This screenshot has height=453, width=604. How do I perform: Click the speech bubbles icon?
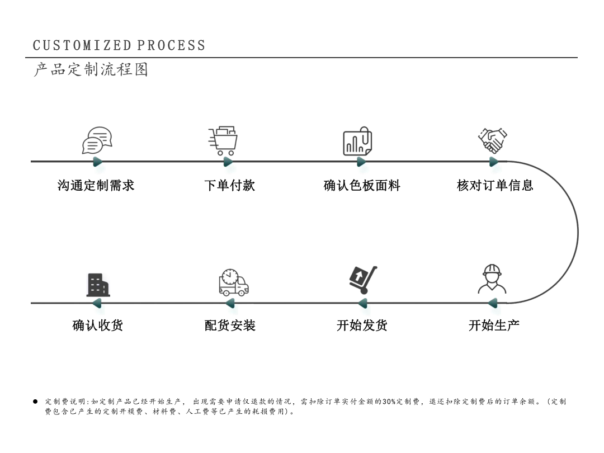click(x=97, y=140)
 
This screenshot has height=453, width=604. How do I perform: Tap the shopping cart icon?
click(x=223, y=140)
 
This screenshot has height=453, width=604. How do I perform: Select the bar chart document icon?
click(x=357, y=141)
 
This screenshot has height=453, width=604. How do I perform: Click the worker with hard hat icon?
click(x=492, y=279)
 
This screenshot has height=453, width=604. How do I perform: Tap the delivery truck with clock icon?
click(x=233, y=282)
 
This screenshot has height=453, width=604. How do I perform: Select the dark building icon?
click(x=98, y=285)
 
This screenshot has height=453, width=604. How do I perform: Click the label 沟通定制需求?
click(x=96, y=185)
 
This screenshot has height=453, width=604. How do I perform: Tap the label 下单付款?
click(x=230, y=185)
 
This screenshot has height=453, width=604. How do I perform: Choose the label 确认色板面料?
click(x=362, y=185)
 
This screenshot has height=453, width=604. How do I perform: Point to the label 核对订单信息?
click(x=495, y=185)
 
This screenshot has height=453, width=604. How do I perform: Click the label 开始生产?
click(x=494, y=325)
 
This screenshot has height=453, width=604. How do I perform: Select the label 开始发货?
click(x=362, y=325)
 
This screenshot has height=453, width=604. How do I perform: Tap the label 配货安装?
click(x=230, y=325)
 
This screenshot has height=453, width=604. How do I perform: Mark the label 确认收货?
click(x=98, y=325)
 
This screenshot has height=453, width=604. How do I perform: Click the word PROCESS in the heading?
click(x=171, y=45)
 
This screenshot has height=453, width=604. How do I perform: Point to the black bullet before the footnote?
click(x=35, y=402)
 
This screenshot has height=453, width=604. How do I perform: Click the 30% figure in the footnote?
click(x=389, y=402)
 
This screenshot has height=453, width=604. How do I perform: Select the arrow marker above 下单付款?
click(x=228, y=162)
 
